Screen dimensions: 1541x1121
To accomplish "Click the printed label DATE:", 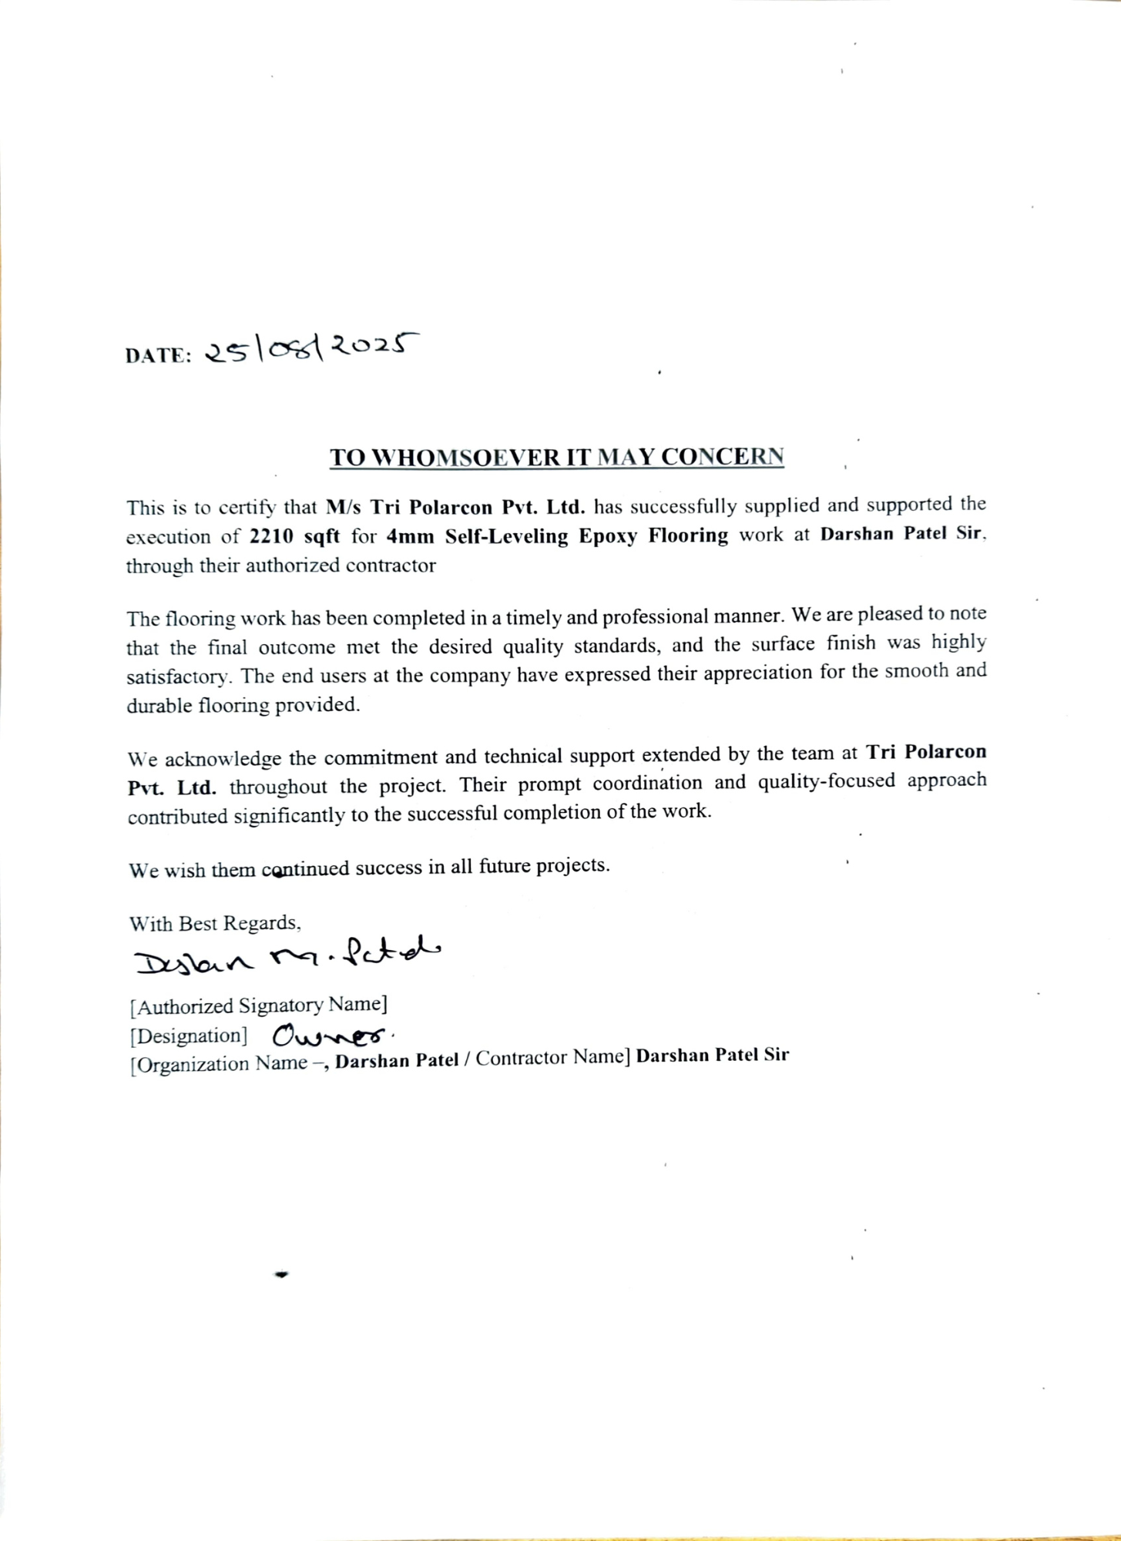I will click(x=158, y=356).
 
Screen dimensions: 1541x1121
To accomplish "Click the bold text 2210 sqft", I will click(x=294, y=536).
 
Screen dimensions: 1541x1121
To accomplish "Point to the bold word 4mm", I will click(x=410, y=535).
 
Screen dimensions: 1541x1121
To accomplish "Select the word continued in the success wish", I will click(x=305, y=870).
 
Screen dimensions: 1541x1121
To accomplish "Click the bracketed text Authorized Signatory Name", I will click(x=258, y=1006).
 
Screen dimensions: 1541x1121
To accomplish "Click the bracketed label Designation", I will click(x=189, y=1036).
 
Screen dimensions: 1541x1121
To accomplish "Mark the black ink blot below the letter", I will click(x=281, y=1275).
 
